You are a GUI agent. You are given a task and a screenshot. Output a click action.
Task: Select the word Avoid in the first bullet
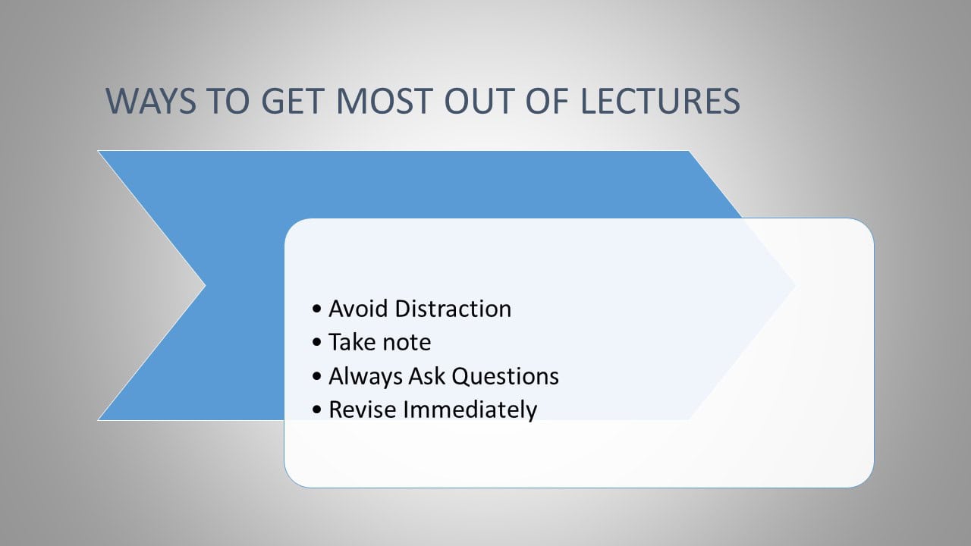coord(359,309)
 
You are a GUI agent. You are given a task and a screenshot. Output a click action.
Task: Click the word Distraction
coord(453,309)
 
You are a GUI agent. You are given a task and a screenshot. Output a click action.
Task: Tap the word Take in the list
coord(353,342)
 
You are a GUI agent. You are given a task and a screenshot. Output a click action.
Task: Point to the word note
coord(407,342)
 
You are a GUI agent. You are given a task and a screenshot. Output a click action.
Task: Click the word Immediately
coord(470,409)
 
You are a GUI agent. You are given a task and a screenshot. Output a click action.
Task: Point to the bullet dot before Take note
coord(317,344)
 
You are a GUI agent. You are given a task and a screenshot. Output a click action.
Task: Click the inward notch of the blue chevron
coord(205,285)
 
